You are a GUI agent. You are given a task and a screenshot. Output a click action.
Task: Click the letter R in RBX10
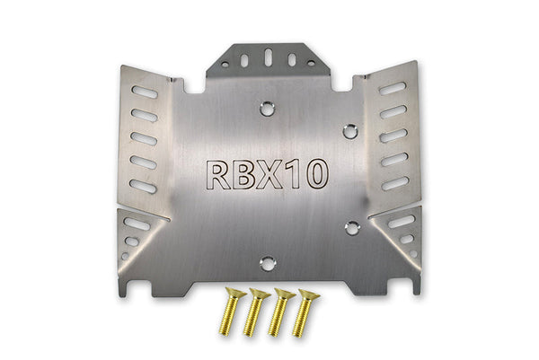(217, 176)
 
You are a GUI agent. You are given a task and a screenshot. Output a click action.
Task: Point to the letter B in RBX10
(244, 176)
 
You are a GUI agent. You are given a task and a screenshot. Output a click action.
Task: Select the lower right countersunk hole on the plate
(352, 228)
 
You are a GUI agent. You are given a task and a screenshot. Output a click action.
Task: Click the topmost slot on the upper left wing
(143, 92)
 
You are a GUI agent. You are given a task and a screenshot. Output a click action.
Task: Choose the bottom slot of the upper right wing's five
(395, 183)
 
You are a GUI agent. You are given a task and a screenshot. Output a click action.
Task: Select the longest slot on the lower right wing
(402, 221)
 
